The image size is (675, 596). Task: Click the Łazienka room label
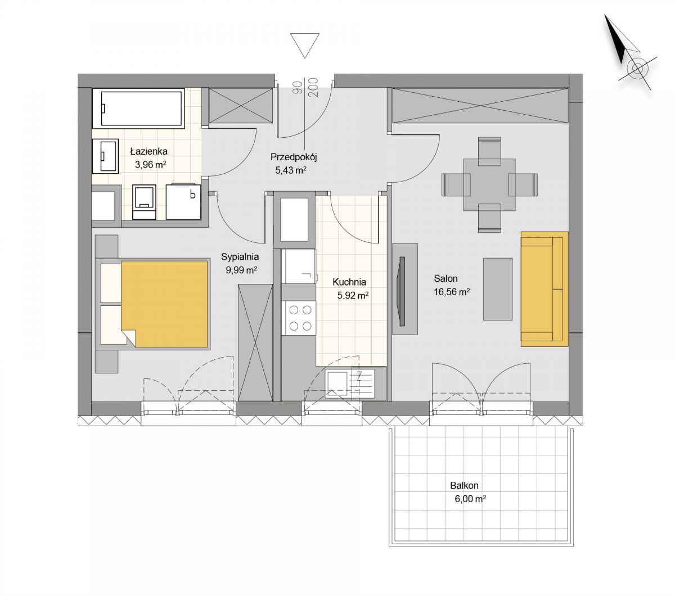[148, 152]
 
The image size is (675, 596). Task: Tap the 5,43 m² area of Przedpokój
[290, 170]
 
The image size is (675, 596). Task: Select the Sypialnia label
[240, 256]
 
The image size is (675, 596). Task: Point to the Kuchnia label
[349, 282]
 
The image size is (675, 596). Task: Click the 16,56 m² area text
[452, 292]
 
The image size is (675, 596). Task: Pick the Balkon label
[464, 485]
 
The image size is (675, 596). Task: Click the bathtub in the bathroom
[138, 109]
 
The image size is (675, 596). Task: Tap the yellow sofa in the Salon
[544, 289]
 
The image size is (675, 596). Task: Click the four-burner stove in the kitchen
[299, 318]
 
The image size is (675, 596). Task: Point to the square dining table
[489, 184]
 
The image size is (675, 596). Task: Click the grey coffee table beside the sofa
[498, 289]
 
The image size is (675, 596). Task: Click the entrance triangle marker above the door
[304, 46]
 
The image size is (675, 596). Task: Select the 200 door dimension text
[313, 87]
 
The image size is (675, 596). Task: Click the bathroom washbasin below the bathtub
[105, 156]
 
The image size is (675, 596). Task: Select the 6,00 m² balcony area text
[470, 499]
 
